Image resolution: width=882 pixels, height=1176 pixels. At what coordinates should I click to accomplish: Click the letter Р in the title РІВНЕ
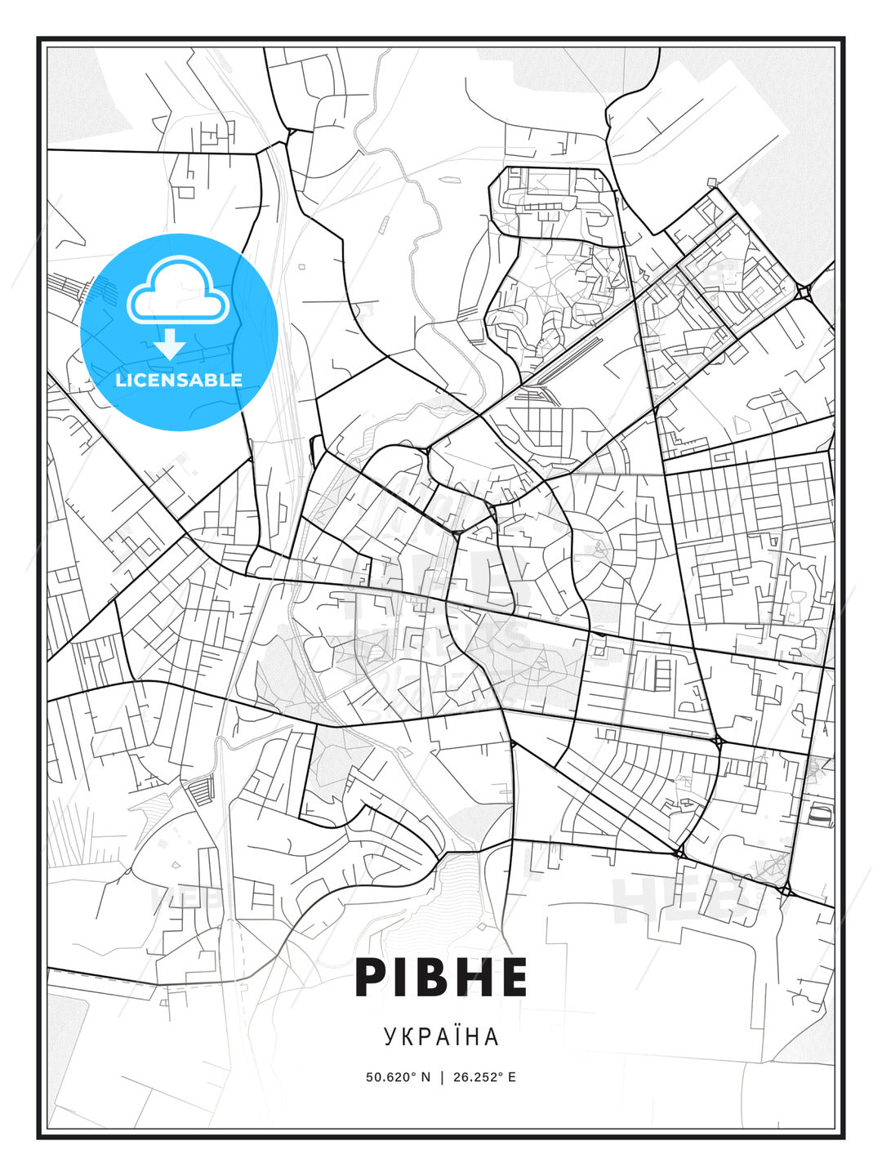372,978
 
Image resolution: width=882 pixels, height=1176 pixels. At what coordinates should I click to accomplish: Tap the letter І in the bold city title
406,978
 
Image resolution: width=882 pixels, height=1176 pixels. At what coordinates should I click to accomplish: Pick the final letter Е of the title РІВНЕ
512,978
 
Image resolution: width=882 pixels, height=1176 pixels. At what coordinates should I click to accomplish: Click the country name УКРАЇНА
441,1036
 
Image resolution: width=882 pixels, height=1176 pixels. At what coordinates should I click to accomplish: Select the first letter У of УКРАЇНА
390,1036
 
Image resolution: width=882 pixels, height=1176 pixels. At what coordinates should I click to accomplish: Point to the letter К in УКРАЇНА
406,1036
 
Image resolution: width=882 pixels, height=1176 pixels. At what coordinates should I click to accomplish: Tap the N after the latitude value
425,1077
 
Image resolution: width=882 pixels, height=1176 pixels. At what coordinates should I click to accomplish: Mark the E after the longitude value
512,1077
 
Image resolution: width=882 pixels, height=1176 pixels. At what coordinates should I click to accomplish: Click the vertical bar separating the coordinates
442,1077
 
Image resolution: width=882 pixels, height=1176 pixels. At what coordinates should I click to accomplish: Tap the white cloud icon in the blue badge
177,292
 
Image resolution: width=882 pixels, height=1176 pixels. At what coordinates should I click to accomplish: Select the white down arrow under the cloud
170,345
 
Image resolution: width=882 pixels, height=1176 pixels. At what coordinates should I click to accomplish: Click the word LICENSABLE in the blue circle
179,380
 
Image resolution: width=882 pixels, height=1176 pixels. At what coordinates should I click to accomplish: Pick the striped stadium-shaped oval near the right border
821,814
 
